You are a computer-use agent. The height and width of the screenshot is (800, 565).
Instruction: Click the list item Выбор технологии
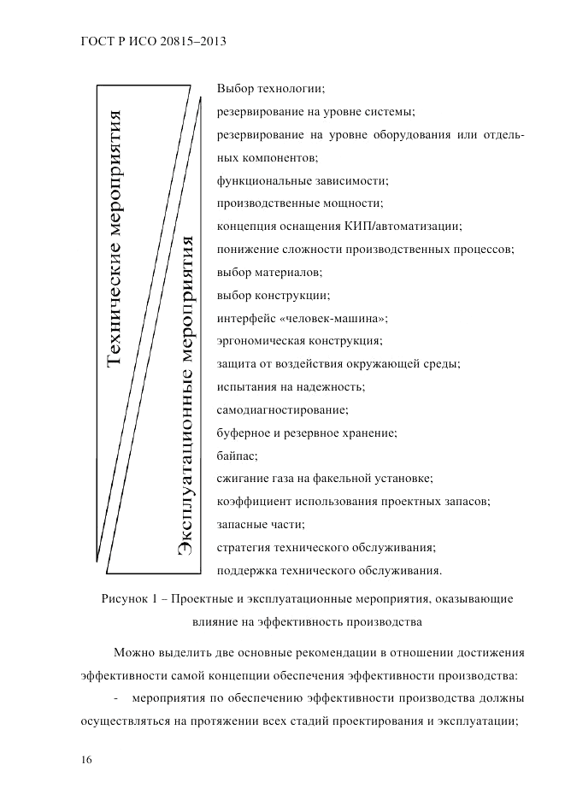point(272,88)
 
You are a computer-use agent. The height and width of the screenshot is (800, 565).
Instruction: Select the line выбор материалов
point(269,272)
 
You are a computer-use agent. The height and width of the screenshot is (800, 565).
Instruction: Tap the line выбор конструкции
point(273,295)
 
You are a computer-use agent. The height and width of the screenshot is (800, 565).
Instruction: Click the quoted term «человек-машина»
point(340,318)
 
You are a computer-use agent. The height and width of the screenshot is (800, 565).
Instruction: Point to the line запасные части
point(261,524)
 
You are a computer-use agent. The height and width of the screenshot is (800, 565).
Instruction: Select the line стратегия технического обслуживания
point(327,547)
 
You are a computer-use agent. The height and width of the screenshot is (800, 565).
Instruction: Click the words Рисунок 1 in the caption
point(128,599)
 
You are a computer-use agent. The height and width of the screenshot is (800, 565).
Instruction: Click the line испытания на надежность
point(291,387)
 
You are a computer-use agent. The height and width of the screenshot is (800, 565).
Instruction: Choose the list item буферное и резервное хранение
point(307,432)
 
